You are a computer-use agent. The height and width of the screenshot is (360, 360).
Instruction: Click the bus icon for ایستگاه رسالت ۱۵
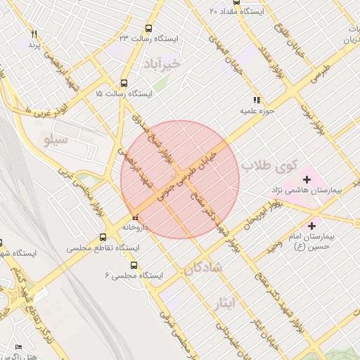[x=124, y=82]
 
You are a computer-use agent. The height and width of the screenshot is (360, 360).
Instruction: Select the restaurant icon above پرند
[x=34, y=34]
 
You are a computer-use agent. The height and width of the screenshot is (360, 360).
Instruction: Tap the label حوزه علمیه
[x=256, y=111]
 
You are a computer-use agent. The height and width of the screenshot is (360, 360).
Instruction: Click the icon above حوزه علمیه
[x=257, y=101]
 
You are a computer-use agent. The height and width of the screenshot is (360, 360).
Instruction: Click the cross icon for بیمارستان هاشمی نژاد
[x=307, y=179]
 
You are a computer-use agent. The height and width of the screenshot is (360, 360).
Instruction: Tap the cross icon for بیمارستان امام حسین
[x=311, y=224]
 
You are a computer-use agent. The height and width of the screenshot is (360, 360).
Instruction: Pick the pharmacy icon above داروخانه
[x=135, y=217]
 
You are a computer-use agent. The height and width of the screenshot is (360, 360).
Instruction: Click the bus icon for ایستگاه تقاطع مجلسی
[x=103, y=237]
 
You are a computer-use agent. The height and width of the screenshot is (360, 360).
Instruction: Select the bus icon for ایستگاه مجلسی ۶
[x=134, y=266]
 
